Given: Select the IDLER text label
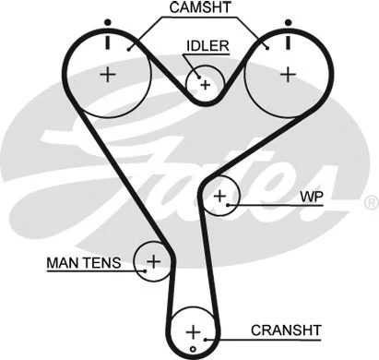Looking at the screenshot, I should pyautogui.click(x=207, y=45).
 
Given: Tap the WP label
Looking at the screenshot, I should pyautogui.click(x=311, y=198).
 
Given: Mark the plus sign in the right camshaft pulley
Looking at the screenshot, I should pyautogui.click(x=289, y=73).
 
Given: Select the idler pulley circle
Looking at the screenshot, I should pyautogui.click(x=204, y=84).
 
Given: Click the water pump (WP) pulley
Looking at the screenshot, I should pyautogui.click(x=220, y=196).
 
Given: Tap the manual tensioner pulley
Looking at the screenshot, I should pyautogui.click(x=152, y=261).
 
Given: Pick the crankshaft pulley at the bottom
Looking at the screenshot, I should pyautogui.click(x=192, y=331).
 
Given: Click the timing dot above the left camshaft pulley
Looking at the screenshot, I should pyautogui.click(x=109, y=21).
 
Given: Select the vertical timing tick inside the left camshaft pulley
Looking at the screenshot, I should pyautogui.click(x=109, y=42).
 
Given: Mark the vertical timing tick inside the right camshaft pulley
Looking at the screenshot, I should pyautogui.click(x=288, y=42).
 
